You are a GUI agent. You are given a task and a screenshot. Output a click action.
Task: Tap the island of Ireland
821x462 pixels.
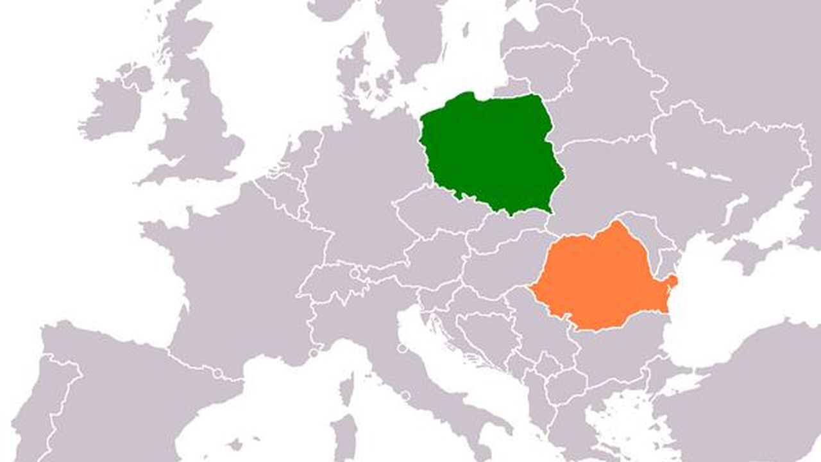[115, 106]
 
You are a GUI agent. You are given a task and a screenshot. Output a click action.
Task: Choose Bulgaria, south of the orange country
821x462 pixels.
[616, 353]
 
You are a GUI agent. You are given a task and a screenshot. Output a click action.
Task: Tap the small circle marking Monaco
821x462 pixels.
[314, 353]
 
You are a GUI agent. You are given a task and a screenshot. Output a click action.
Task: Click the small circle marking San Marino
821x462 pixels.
[402, 349]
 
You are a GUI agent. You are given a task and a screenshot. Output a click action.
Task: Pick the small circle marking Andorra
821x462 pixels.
[218, 373]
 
